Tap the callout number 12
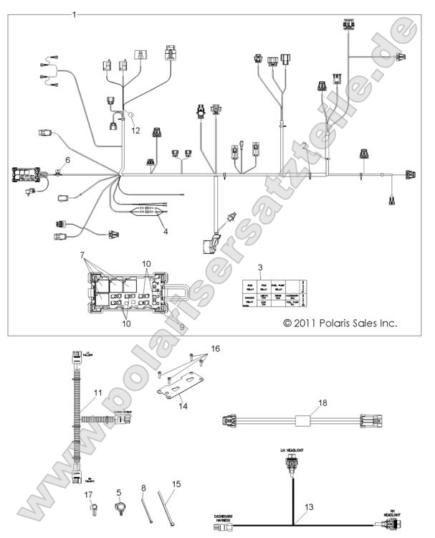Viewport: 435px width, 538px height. (x=135, y=130)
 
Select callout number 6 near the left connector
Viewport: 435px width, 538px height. (x=69, y=159)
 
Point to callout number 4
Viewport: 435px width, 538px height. (x=165, y=232)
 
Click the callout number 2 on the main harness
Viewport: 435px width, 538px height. (x=306, y=146)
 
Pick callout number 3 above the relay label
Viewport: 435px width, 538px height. (x=261, y=267)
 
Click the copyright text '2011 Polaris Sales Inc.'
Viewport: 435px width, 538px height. (x=340, y=324)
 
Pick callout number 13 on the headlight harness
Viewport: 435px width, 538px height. (x=310, y=507)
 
